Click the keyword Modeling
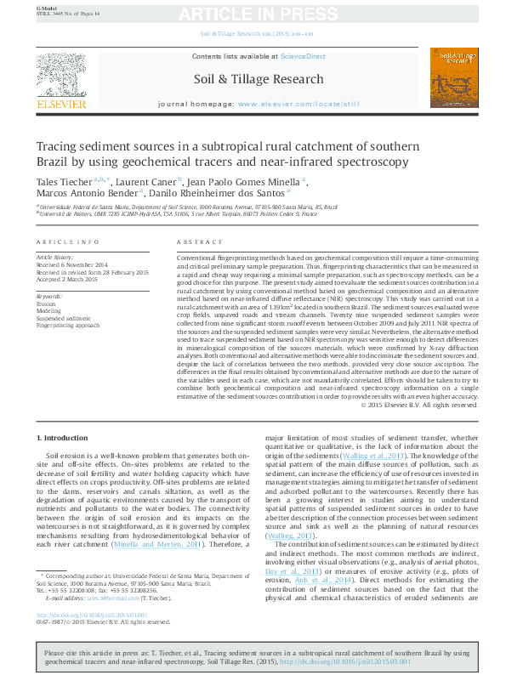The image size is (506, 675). [x=48, y=311]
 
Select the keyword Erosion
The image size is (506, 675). [x=46, y=303]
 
